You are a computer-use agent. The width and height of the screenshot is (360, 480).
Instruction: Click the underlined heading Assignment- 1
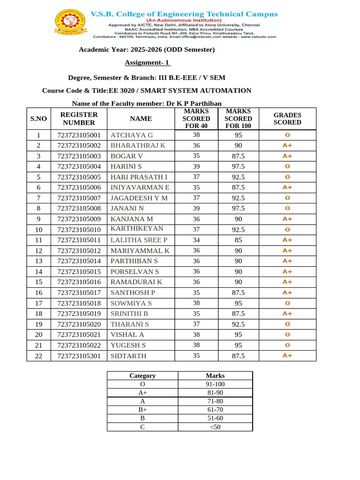(x=147, y=63)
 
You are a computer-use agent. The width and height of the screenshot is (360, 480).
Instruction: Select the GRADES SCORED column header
(x=287, y=119)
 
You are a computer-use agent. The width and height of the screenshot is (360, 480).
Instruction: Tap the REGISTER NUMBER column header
(x=79, y=119)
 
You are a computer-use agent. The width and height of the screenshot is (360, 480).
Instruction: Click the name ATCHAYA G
(x=132, y=135)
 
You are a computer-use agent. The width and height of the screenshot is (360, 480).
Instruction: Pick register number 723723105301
(x=79, y=356)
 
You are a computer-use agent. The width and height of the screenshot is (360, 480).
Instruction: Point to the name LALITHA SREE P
(x=139, y=240)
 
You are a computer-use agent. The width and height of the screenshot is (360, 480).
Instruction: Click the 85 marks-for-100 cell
(x=238, y=240)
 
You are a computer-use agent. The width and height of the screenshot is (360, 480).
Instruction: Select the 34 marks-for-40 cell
(x=196, y=240)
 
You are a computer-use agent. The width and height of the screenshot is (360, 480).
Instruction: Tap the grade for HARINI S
(x=287, y=166)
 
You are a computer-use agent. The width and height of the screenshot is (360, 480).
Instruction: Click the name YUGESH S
(x=128, y=345)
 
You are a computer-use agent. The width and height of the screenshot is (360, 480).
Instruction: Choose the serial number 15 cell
(x=38, y=282)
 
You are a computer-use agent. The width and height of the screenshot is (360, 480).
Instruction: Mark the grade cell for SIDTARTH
(x=287, y=356)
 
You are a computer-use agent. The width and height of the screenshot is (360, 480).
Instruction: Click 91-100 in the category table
(x=215, y=384)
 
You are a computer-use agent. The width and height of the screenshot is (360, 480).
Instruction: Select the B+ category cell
(x=142, y=409)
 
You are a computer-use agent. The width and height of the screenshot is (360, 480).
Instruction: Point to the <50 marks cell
(x=215, y=427)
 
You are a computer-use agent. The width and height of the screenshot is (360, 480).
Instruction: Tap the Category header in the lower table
(x=142, y=375)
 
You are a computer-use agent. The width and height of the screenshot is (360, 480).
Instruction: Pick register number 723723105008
(x=79, y=208)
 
